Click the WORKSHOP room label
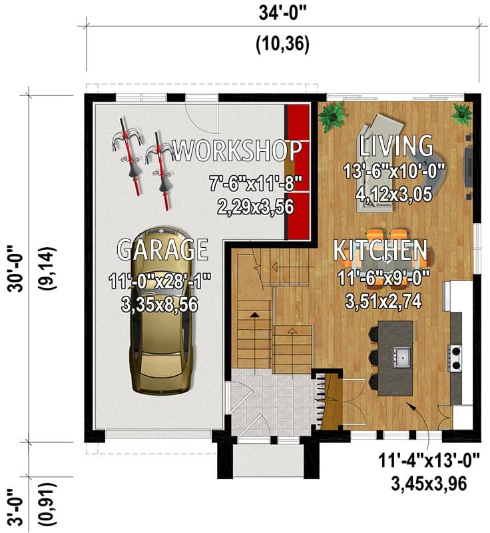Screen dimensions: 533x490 pyautogui.click(x=237, y=149)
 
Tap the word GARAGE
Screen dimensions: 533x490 pyautogui.click(x=162, y=249)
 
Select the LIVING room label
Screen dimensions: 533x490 pyautogui.click(x=396, y=145)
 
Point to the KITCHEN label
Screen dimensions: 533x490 pyautogui.click(x=380, y=250)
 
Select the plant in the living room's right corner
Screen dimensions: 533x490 pyautogui.click(x=461, y=113)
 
